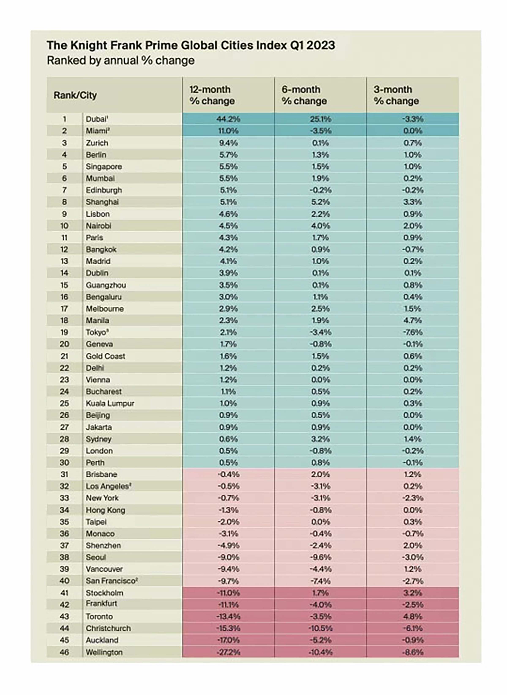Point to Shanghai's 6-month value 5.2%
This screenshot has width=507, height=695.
tap(320, 202)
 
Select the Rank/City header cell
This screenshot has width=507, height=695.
tap(75, 95)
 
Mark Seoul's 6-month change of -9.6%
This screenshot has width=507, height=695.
tap(320, 557)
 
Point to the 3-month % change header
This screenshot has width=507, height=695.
tap(396, 95)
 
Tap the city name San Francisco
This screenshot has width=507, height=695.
tap(111, 581)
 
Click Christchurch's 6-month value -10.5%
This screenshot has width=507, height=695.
tap(320, 628)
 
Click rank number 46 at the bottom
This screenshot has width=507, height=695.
tap(64, 652)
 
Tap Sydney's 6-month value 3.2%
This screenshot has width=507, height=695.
tap(320, 439)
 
